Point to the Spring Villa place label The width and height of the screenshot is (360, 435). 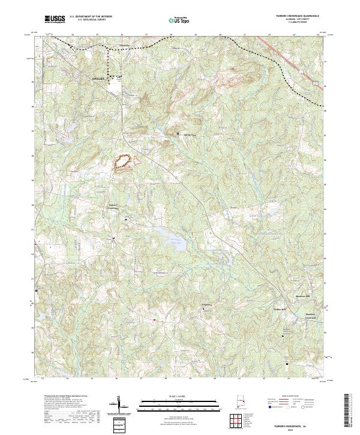point(190,135)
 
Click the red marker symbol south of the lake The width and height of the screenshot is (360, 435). point(154,320)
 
